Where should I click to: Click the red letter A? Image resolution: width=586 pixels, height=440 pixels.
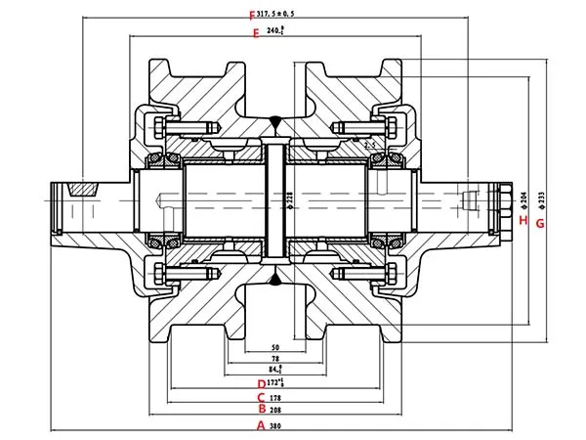tap(261, 425)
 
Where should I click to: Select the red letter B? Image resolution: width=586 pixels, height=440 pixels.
tap(261, 411)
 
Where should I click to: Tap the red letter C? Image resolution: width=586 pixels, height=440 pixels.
tap(261, 397)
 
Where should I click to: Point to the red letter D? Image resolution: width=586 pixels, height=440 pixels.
tap(261, 383)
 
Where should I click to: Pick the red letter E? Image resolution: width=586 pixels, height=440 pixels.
tap(255, 32)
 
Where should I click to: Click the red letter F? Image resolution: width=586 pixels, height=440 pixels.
tap(252, 15)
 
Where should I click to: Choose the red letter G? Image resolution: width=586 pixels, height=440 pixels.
tap(539, 223)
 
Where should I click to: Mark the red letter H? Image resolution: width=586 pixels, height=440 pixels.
tap(523, 221)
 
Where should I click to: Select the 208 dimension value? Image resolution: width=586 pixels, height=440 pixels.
tap(275, 411)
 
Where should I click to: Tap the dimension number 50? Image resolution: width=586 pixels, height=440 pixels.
tap(275, 347)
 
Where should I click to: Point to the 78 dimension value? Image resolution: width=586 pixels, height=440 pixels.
tap(275, 359)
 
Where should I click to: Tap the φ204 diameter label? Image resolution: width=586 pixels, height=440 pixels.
tap(525, 200)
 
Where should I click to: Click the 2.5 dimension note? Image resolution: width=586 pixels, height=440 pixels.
tap(369, 145)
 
